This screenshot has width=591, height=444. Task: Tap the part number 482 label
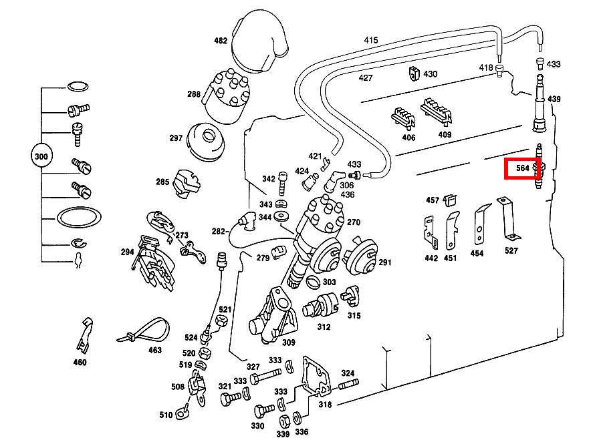[221, 41]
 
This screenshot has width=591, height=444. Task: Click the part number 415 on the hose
[371, 40]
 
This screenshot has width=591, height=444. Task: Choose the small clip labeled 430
[413, 72]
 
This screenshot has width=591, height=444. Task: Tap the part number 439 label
[554, 99]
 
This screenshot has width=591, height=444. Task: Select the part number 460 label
[80, 363]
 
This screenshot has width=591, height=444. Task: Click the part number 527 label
[511, 251]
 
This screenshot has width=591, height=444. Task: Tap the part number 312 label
[324, 328]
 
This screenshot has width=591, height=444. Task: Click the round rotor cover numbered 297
[207, 141]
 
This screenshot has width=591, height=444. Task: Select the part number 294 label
[128, 252]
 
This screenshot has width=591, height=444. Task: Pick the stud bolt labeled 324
[350, 385]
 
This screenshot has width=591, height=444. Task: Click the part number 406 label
[408, 138]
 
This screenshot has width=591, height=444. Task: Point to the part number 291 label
[385, 262]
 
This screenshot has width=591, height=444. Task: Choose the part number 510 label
[165, 415]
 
